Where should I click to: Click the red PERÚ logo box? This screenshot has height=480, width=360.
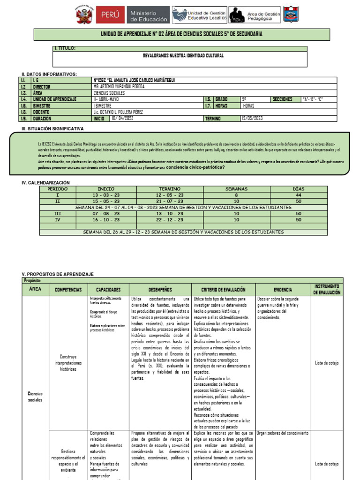click(110, 15)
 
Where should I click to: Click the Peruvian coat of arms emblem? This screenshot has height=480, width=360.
click(85, 15)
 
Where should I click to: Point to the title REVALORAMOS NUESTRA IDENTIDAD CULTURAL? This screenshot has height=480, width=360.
click(183, 55)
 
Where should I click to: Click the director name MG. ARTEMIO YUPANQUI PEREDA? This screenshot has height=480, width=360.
click(119, 87)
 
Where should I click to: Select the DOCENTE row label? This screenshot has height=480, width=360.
click(42, 112)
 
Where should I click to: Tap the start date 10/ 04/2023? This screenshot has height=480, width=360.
click(122, 119)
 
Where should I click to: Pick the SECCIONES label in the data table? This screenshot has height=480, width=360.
click(283, 99)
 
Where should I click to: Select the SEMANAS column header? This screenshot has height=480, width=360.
click(236, 189)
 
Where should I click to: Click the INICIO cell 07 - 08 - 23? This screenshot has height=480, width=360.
click(106, 213)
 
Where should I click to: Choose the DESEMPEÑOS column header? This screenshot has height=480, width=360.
click(160, 290)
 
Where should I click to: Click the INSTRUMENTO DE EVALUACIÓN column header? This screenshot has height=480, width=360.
click(327, 289)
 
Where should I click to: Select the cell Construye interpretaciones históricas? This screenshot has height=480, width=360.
click(67, 363)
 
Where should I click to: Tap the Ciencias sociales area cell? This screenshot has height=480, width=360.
click(35, 397)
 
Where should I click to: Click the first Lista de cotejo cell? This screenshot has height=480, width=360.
click(327, 363)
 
